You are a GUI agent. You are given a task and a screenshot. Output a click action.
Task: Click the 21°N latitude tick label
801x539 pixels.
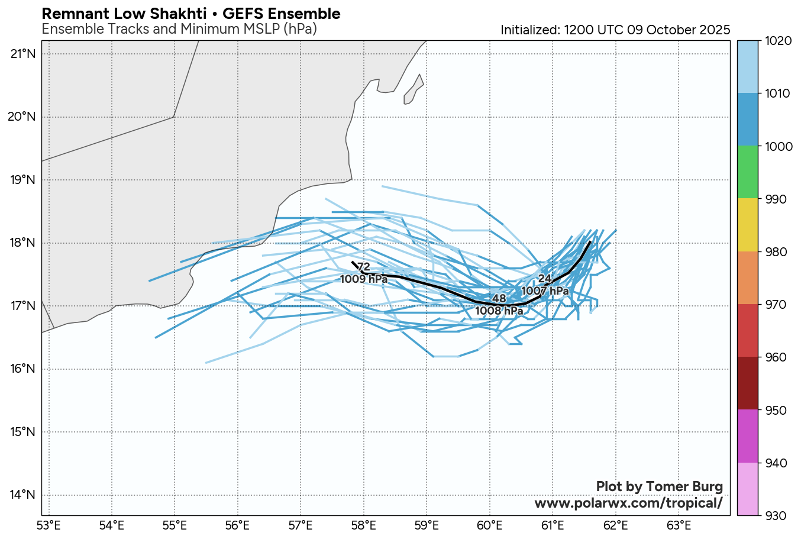(x=23, y=54)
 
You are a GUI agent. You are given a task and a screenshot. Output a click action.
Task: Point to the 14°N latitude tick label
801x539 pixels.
(x=23, y=495)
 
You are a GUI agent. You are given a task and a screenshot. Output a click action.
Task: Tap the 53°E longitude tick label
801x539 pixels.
(x=49, y=524)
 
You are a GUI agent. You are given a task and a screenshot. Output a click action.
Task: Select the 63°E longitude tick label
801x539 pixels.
(x=679, y=524)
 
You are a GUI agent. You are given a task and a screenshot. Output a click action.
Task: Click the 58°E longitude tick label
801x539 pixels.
(x=364, y=524)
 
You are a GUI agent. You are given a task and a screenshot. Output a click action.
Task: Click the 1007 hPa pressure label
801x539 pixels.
(x=545, y=291)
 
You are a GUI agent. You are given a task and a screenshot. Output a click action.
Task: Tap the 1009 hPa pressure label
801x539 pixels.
(x=364, y=279)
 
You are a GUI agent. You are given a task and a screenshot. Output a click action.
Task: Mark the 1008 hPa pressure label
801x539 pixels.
(x=499, y=311)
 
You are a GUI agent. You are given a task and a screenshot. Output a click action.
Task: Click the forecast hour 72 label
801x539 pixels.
(x=364, y=267)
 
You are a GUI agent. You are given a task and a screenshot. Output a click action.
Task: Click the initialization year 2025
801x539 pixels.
(x=713, y=30)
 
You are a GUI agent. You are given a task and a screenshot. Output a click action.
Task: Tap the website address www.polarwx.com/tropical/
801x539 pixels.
(x=628, y=503)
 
